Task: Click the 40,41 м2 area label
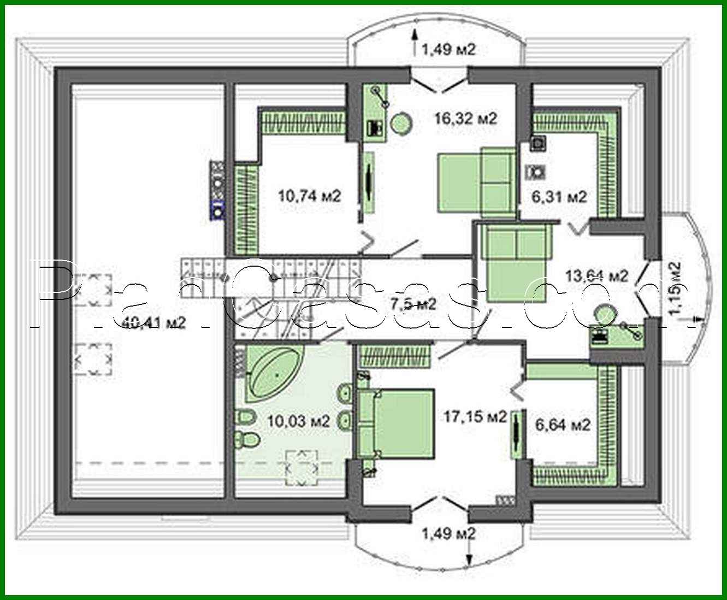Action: [x=154, y=323]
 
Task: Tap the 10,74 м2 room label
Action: [x=309, y=195]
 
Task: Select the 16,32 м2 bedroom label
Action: [x=465, y=118]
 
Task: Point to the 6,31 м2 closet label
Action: [x=560, y=196]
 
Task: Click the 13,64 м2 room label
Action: [x=596, y=275]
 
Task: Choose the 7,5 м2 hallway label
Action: [x=413, y=304]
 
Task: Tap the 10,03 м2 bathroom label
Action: [x=298, y=421]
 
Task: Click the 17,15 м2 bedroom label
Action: [x=474, y=417]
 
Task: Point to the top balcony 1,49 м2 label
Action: [x=448, y=50]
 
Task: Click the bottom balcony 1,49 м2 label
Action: [x=448, y=533]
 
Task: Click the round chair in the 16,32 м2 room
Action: [x=402, y=123]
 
